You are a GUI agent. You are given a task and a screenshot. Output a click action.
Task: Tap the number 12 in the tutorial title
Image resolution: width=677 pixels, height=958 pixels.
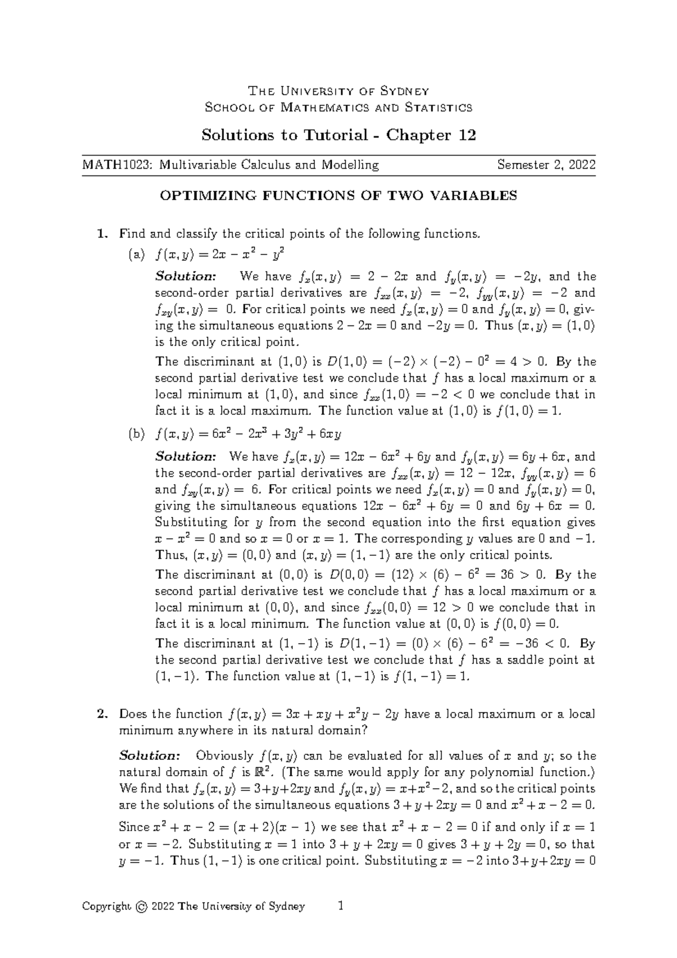pos(467,135)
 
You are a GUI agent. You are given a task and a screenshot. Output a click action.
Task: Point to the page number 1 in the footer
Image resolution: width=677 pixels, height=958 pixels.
pos(340,906)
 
